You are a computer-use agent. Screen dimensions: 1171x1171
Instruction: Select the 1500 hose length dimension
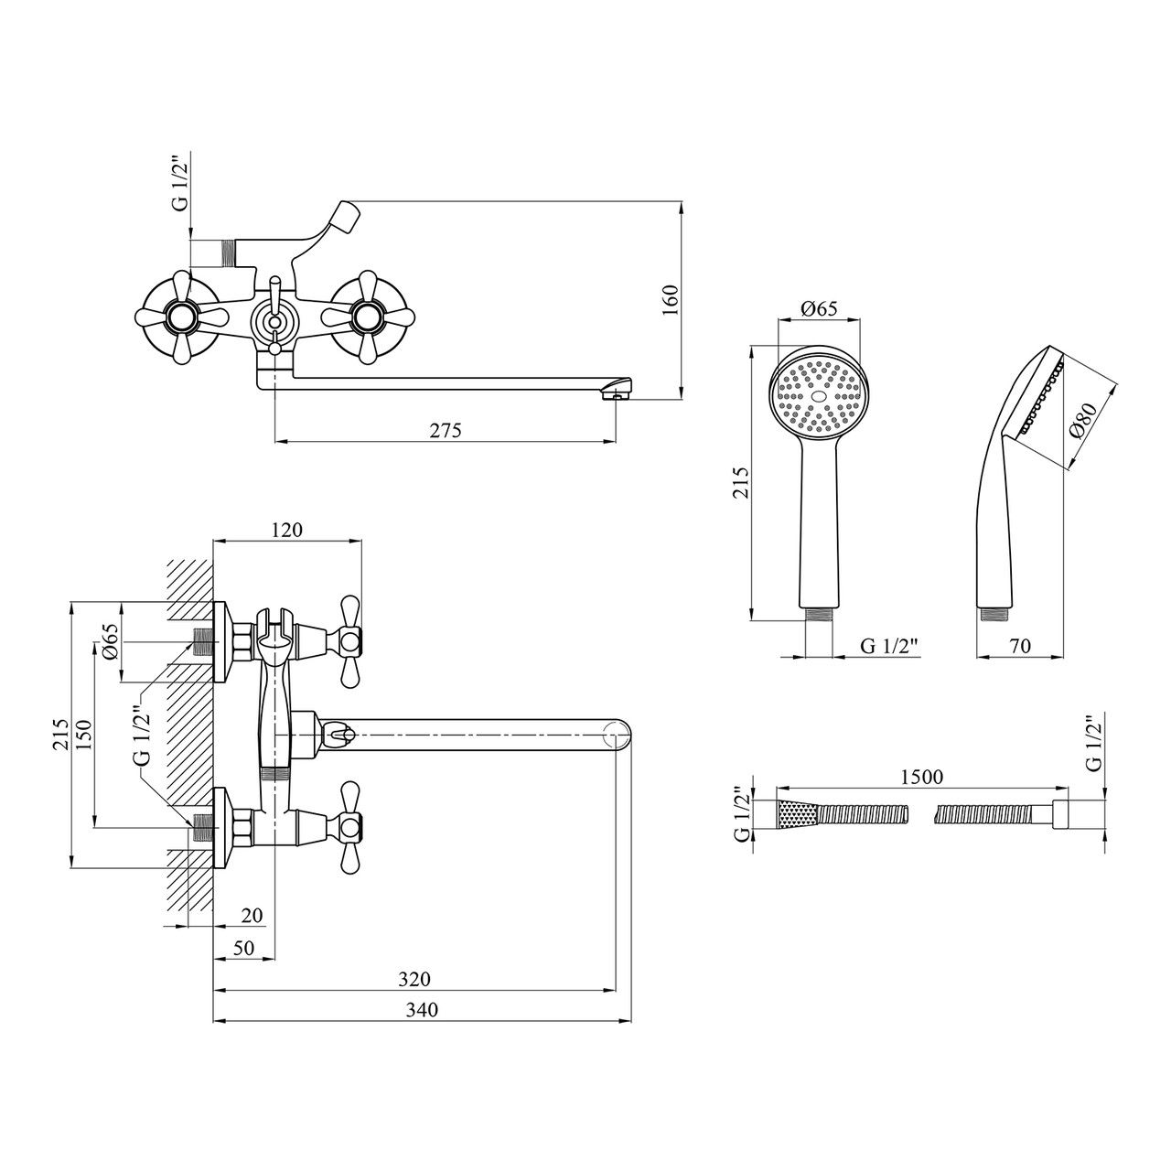click(921, 777)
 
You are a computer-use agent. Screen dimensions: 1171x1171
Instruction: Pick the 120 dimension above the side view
click(286, 530)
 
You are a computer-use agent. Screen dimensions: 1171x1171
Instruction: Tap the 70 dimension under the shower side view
click(1020, 646)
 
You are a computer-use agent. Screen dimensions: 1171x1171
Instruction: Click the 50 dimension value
click(242, 948)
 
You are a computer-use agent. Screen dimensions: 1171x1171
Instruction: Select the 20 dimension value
click(252, 915)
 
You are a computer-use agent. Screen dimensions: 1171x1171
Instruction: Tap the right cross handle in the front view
click(368, 317)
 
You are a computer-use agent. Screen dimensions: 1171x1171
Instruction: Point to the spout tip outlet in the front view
click(618, 393)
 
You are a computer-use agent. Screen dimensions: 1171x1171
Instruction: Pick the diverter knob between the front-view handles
click(273, 319)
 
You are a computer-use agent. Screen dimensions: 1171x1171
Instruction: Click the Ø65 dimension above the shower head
click(819, 309)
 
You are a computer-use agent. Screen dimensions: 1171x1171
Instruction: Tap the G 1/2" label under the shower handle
click(889, 646)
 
